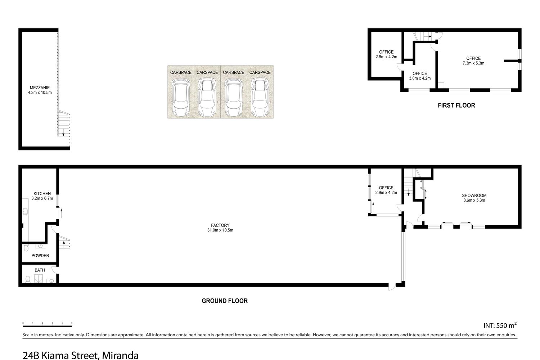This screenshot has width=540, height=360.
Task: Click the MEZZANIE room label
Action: [40, 88]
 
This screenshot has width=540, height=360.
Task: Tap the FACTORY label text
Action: [220, 225]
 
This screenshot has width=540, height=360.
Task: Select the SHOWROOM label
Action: [474, 195]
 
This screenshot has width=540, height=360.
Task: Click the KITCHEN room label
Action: [42, 194]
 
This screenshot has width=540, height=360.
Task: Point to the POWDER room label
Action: [40, 256]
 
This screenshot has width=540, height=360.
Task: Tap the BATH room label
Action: [40, 270]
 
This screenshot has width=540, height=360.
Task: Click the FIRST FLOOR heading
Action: [456, 105]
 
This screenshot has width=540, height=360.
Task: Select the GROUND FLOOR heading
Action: [225, 301]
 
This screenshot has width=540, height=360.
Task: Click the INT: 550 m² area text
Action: [500, 325]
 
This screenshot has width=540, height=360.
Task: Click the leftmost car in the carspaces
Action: [181, 97]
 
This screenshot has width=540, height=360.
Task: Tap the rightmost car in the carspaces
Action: [260, 97]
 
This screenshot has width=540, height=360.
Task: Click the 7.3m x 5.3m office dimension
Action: [473, 63]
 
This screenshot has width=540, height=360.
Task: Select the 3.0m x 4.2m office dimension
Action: [420, 78]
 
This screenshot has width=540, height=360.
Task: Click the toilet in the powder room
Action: [26, 248]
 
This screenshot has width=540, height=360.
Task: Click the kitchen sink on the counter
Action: [25, 211]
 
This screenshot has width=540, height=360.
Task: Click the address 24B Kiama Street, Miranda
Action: [81, 355]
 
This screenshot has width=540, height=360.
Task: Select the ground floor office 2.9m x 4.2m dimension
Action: [386, 193]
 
